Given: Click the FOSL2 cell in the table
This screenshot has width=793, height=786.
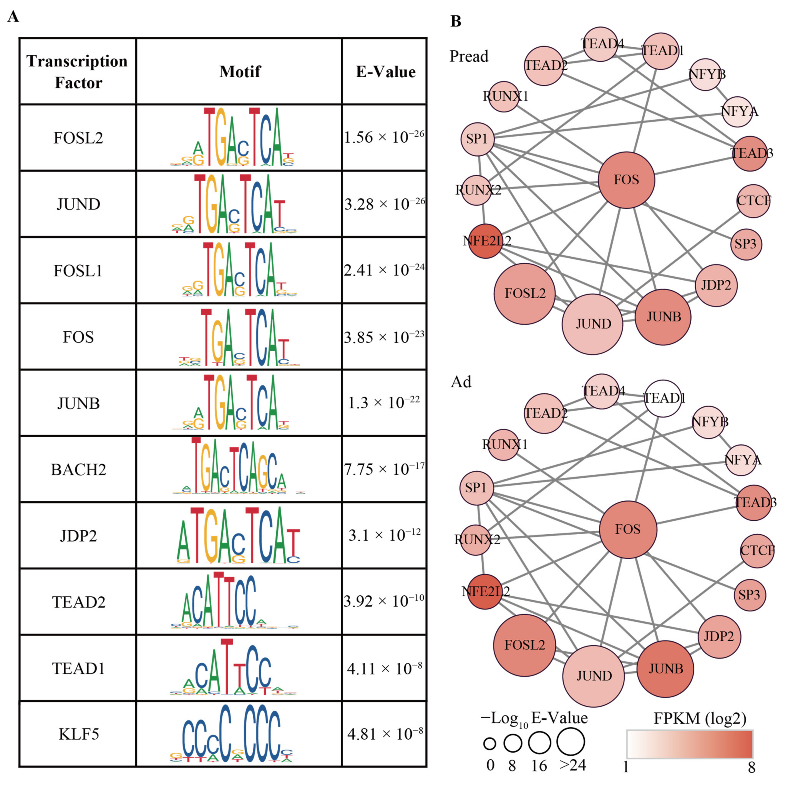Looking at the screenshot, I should [x=78, y=138].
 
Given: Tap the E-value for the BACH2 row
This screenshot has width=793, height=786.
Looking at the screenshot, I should [x=384, y=469].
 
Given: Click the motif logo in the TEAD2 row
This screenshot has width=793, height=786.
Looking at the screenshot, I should [x=234, y=601].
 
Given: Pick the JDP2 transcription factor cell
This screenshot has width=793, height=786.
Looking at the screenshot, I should [x=78, y=535].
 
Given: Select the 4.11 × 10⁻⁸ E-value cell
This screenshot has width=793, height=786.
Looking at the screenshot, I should [x=384, y=668].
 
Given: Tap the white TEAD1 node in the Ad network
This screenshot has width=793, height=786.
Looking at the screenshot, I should [x=663, y=398].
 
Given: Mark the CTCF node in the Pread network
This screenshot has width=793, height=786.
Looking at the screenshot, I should [x=753, y=201].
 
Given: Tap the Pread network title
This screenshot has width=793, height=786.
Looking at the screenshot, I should [x=469, y=56].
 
